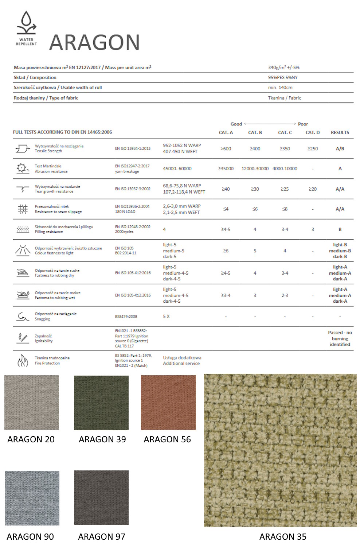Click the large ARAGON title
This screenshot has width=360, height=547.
click(95, 42)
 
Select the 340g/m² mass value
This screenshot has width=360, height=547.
click(283, 67)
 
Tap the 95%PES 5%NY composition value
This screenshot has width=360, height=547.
click(283, 77)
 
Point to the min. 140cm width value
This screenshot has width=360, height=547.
click(280, 88)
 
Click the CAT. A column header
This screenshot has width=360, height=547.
click(226, 132)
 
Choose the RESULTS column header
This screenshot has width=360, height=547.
click(340, 132)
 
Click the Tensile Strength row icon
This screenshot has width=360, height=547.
click(23, 148)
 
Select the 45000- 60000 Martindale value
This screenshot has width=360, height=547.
click(177, 168)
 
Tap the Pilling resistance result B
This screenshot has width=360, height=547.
click(340, 229)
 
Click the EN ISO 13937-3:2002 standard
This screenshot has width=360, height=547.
click(133, 189)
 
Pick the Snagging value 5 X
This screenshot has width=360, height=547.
click(166, 316)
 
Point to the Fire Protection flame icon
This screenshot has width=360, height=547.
click(23, 361)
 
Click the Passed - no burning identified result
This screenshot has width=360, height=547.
click(340, 338)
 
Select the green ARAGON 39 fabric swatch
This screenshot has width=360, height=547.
click(101, 403)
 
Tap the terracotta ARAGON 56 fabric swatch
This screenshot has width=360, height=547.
click(168, 403)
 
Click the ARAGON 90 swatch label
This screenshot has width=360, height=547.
click(30, 537)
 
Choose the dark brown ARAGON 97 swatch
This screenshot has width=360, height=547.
click(101, 498)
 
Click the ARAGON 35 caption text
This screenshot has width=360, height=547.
click(283, 537)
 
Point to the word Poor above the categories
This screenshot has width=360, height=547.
click(303, 124)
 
